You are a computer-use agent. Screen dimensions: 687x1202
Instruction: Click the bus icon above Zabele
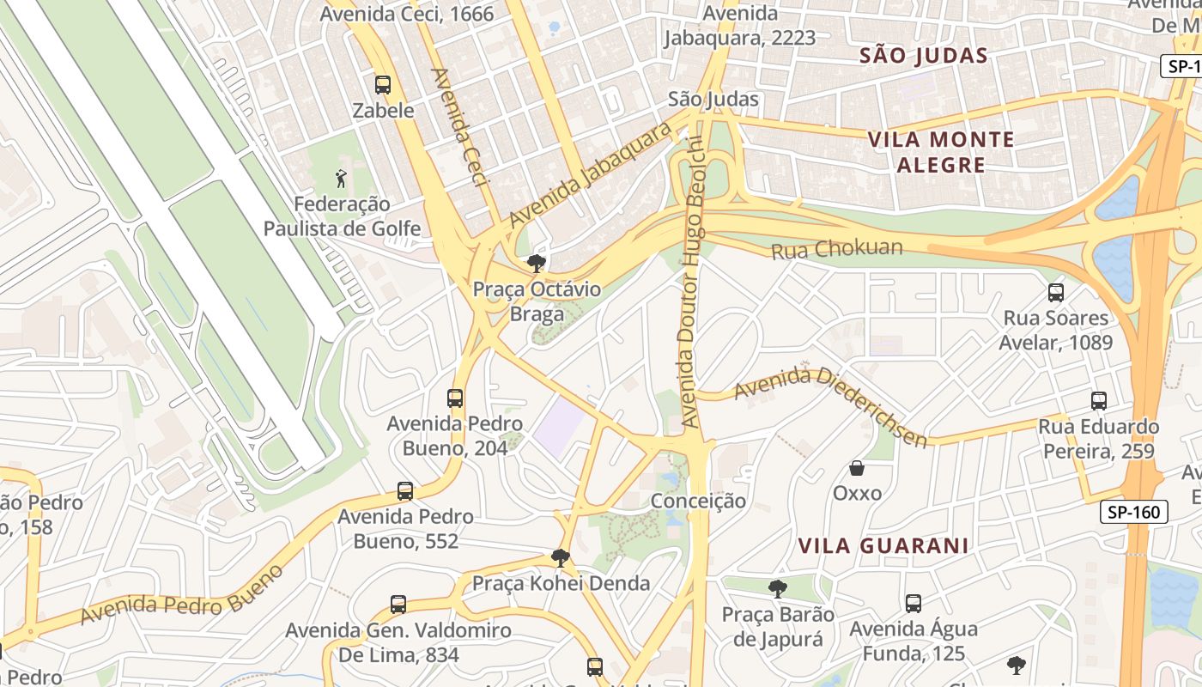coord(383,85)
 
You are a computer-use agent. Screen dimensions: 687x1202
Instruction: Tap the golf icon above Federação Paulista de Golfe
coord(342,179)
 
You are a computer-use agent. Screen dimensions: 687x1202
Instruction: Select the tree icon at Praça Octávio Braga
coord(537,264)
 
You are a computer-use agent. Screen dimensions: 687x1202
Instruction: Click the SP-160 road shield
coord(1133,513)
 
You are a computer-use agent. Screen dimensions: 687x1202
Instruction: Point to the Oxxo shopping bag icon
coord(856,468)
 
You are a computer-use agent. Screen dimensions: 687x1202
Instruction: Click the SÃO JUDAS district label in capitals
coord(924,56)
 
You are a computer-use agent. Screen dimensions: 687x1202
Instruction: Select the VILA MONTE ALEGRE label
coord(941,151)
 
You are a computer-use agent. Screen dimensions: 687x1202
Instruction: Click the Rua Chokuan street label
coord(837,250)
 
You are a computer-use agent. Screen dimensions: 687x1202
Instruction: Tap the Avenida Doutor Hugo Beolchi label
coord(692,283)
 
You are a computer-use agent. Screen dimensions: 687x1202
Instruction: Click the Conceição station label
coord(698,501)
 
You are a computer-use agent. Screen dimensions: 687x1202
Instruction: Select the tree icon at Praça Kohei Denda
coord(561,558)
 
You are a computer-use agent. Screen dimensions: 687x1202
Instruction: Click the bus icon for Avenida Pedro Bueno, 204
coord(455,398)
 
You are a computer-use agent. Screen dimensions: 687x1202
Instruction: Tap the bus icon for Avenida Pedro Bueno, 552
coord(405,491)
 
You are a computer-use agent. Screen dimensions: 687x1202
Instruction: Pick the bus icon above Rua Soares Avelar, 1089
coord(1056,293)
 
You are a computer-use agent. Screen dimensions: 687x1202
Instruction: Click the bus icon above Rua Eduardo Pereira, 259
coord(1098,401)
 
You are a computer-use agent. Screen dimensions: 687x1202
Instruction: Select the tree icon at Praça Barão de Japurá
coord(778,589)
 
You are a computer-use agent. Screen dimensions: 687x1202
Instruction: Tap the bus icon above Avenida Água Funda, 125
coord(914,604)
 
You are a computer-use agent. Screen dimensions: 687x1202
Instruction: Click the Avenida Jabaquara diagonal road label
coord(590,176)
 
